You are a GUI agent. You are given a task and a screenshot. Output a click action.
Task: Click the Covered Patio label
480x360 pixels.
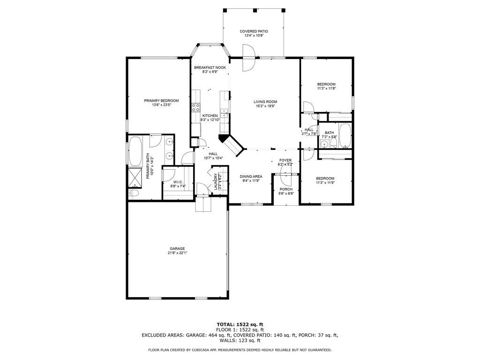(254, 31)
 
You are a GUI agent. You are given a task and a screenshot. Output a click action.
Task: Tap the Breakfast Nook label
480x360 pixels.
(210, 67)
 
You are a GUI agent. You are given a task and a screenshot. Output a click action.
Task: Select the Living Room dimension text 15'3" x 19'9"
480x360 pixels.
(265, 106)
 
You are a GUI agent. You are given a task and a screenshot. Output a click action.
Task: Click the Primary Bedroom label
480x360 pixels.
(161, 101)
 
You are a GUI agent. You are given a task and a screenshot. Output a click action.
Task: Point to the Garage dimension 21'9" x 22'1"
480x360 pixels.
(177, 253)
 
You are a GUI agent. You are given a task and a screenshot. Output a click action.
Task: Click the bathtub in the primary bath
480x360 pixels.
(135, 150)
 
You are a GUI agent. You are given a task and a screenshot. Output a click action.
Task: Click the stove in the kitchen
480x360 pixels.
(195, 109)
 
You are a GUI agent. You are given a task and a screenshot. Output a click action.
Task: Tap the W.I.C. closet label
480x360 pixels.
(178, 182)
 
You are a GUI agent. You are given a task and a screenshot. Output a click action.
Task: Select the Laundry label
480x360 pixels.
(216, 181)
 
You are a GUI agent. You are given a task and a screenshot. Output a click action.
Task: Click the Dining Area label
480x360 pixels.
(251, 177)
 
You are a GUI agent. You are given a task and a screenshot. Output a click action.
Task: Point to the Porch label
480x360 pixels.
(286, 189)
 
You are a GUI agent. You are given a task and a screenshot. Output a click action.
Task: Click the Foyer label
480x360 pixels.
(285, 160)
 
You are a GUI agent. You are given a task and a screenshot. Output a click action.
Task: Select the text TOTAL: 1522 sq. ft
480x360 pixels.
(240, 324)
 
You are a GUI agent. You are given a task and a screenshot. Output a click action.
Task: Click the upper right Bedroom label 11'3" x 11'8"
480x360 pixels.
(326, 84)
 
